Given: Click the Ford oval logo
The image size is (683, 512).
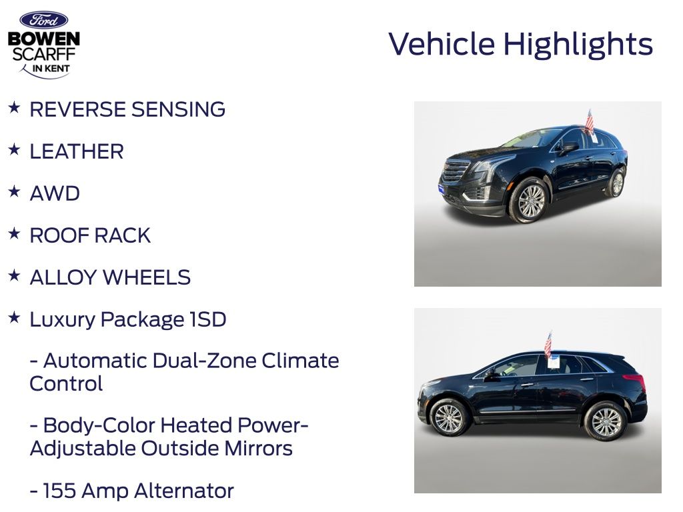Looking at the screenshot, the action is click(x=43, y=20).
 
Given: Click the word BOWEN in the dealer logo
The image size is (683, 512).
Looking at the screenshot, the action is click(x=44, y=39).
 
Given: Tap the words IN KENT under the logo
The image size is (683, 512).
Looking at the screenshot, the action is click(x=51, y=69).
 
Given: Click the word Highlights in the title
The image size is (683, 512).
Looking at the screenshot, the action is click(x=578, y=45).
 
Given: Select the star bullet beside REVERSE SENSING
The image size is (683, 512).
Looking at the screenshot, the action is click(x=14, y=107).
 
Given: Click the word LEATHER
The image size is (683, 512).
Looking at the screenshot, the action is click(x=77, y=151).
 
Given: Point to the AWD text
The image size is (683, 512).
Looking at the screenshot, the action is click(x=55, y=193).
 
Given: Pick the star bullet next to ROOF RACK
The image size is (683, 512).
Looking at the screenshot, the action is click(x=14, y=234).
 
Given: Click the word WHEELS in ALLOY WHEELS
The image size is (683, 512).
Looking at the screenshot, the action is click(x=147, y=277).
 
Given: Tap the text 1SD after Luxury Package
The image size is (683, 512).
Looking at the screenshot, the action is click(x=208, y=319).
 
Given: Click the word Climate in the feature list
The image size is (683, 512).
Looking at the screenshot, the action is click(x=300, y=361).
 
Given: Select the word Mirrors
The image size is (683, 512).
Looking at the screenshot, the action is click(x=258, y=449).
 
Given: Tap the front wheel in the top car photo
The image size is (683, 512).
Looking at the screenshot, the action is click(x=530, y=201).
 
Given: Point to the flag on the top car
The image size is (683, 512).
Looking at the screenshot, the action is click(x=589, y=121).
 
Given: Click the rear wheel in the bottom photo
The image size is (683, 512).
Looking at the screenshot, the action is click(x=606, y=421).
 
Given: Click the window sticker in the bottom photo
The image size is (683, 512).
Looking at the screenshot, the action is click(x=554, y=362).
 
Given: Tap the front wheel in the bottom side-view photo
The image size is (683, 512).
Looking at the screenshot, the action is click(x=448, y=417).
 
